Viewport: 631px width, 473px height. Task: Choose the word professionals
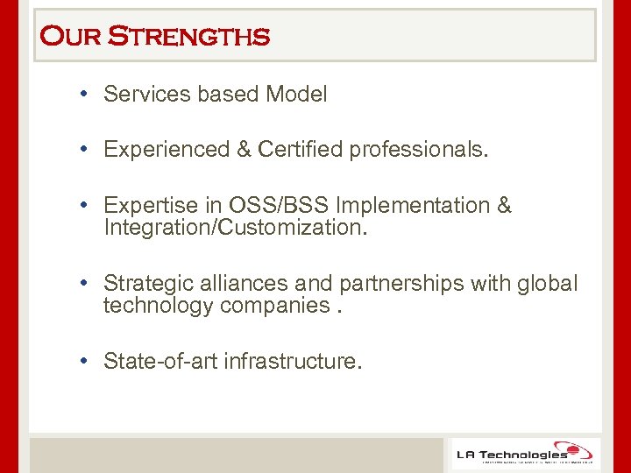click(x=418, y=150)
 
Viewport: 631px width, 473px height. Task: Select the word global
click(x=549, y=284)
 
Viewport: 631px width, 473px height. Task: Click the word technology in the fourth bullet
click(x=159, y=306)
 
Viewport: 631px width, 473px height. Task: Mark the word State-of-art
click(x=162, y=361)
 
